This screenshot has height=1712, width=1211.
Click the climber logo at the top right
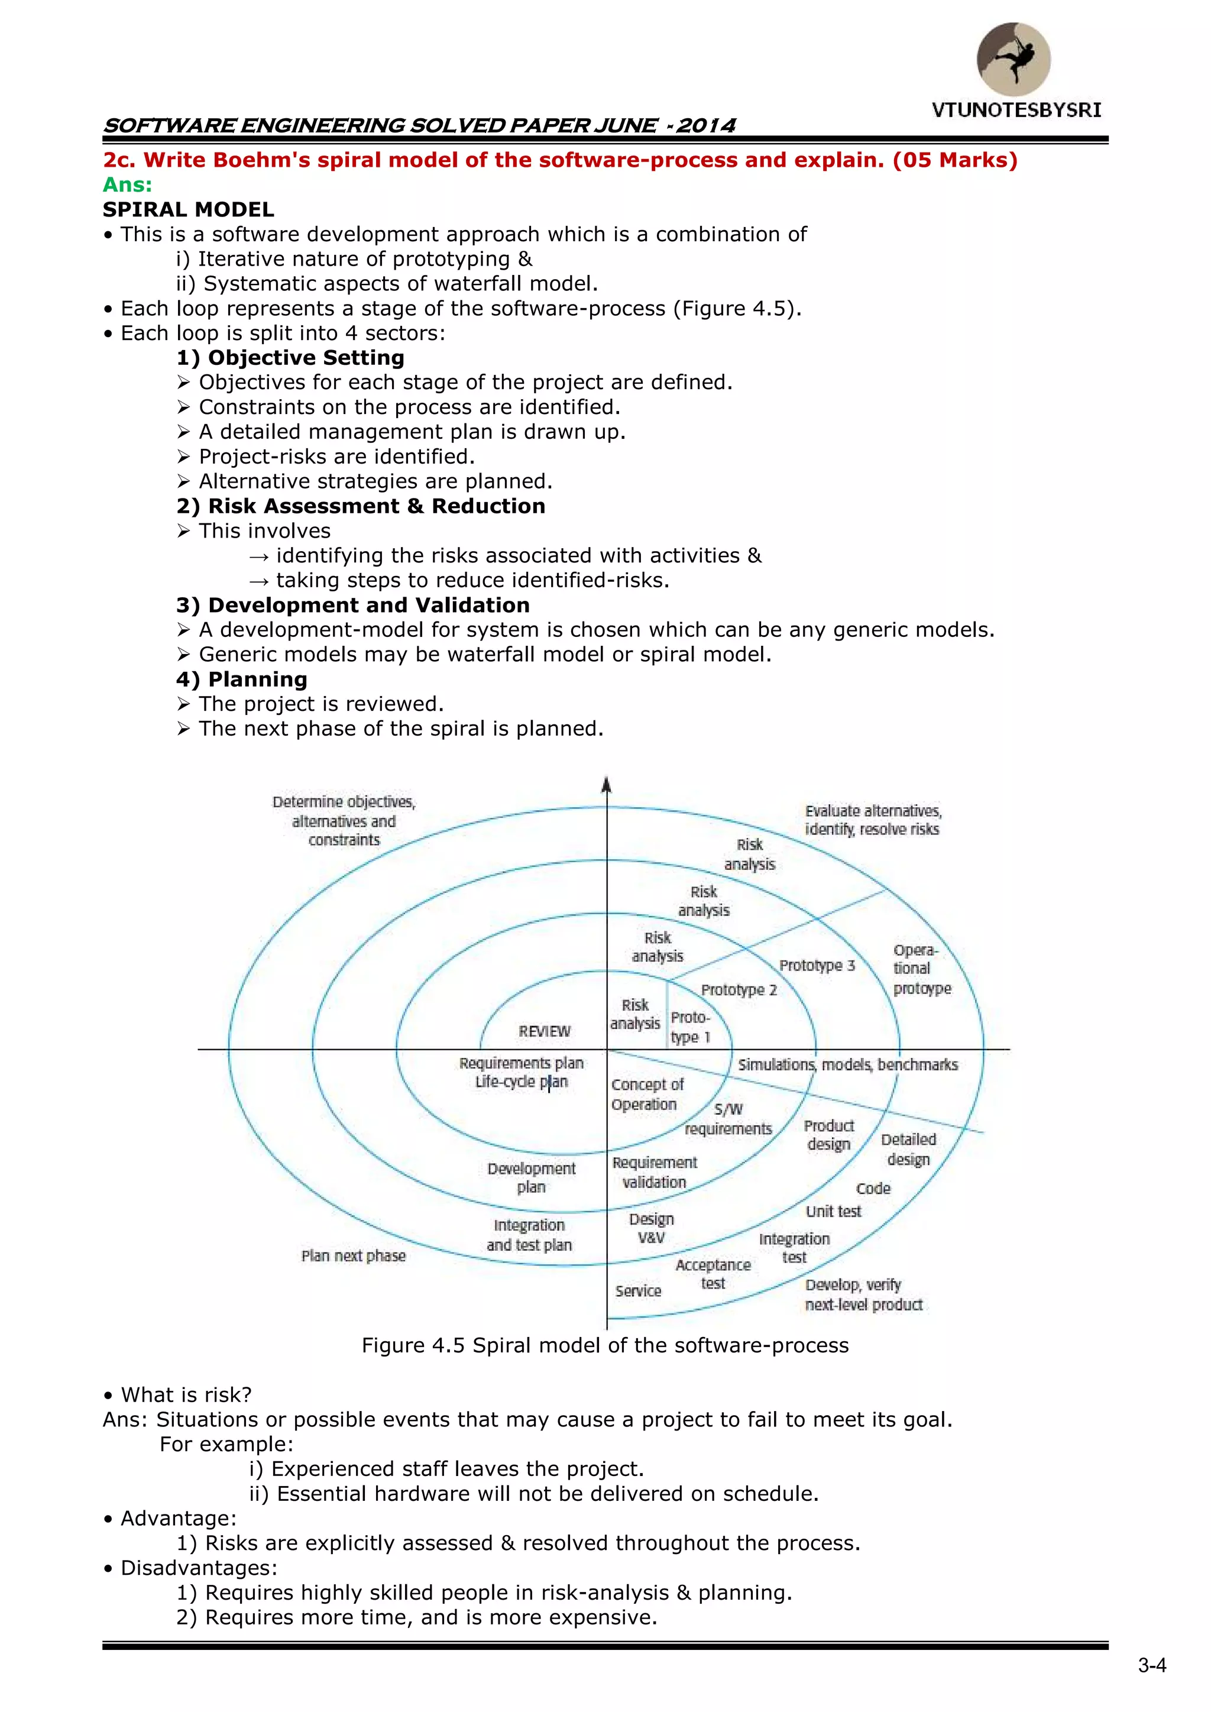click(1014, 60)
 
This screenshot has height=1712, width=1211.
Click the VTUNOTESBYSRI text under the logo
click(1016, 111)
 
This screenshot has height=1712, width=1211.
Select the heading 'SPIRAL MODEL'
click(189, 209)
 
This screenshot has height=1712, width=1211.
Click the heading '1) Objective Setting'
click(291, 358)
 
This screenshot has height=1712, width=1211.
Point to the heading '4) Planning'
click(242, 679)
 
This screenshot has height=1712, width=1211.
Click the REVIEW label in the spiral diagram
click(545, 1031)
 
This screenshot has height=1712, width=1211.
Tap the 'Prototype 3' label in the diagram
click(817, 966)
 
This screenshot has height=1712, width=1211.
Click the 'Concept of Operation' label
click(646, 1095)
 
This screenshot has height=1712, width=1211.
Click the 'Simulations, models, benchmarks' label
click(848, 1065)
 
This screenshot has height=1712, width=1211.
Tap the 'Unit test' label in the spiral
click(833, 1212)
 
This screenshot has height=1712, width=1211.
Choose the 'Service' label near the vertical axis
click(638, 1292)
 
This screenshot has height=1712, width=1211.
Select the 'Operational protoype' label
click(920, 969)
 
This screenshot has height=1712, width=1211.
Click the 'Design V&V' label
click(651, 1228)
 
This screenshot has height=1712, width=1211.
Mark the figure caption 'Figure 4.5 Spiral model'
click(605, 1345)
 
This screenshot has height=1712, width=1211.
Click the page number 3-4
click(1151, 1666)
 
